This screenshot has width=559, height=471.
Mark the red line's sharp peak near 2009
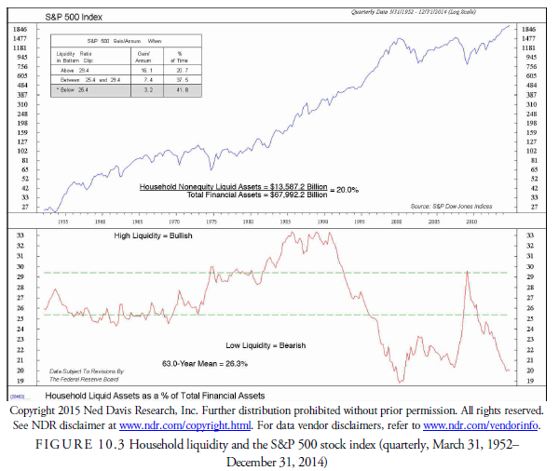tap(465, 269)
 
